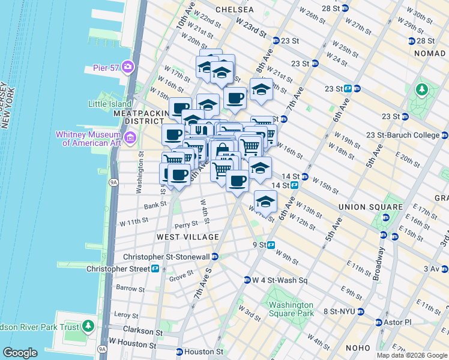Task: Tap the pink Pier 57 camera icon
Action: (x=127, y=66)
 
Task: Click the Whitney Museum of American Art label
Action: (x=89, y=138)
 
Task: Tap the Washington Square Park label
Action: (x=291, y=309)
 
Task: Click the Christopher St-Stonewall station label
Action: (x=166, y=257)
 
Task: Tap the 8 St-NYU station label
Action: (x=339, y=311)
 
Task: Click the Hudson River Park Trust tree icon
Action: (x=89, y=326)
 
